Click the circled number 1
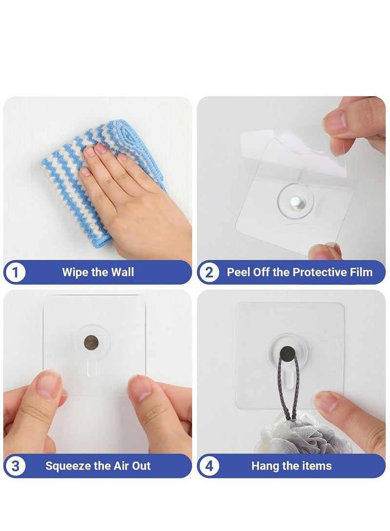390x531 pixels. [x=16, y=273]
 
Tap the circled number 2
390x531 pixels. [x=209, y=273]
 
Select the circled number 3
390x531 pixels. [x=16, y=466]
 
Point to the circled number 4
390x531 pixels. [x=209, y=466]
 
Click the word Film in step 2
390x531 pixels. [x=361, y=272]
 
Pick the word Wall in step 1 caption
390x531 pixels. [x=122, y=272]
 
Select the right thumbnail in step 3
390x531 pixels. [x=141, y=389]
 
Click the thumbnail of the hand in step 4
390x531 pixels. [x=328, y=402]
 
